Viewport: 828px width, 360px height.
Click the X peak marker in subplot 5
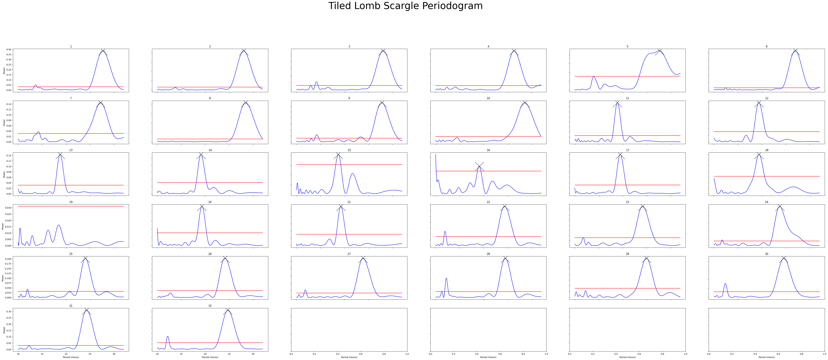pos(660,50)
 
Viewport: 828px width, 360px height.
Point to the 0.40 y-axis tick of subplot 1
pos(9,49)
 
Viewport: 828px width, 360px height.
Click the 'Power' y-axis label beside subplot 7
pos(4,122)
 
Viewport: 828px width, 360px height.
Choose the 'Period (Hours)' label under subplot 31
pos(71,357)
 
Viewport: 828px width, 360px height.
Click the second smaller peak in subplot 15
pos(353,174)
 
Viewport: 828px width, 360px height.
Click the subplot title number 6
pos(767,47)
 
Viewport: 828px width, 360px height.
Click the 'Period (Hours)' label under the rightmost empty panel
pos(767,357)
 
